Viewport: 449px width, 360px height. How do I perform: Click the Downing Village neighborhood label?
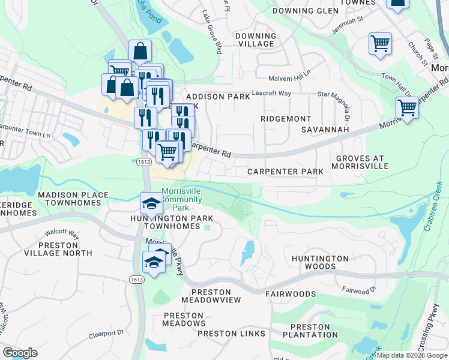[256, 40]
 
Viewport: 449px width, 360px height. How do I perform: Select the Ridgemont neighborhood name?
[286, 119]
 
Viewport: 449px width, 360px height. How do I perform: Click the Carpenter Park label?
[285, 172]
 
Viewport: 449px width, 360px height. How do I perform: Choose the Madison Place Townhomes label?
[73, 199]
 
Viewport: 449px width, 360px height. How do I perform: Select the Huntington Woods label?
[320, 262]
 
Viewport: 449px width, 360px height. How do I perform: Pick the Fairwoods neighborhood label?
[291, 294]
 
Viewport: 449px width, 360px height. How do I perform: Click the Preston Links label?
[231, 334]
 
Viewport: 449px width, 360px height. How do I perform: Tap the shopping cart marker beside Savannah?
[407, 108]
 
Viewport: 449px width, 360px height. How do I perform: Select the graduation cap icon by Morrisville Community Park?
[151, 203]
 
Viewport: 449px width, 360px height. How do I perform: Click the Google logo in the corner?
[20, 353]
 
